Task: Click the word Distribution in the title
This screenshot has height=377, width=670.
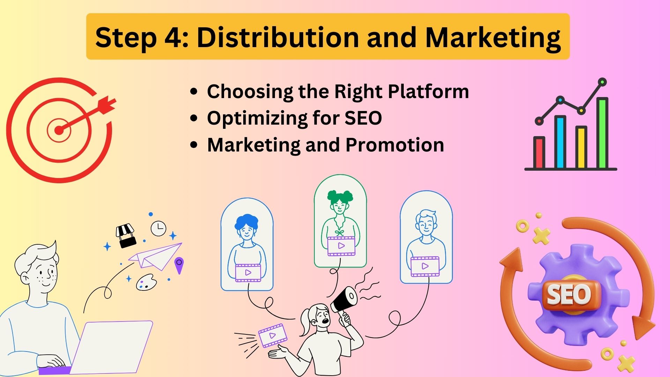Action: [278, 37]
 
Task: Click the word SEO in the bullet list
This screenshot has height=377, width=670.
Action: [363, 118]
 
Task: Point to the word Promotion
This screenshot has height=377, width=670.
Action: [395, 145]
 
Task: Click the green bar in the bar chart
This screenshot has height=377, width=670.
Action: [602, 133]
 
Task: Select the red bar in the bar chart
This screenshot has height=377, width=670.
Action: [539, 153]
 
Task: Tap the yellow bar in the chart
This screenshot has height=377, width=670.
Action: [581, 147]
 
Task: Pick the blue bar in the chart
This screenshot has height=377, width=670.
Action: [560, 142]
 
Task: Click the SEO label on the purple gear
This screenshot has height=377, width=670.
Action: [569, 294]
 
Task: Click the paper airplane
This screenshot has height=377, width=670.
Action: [155, 257]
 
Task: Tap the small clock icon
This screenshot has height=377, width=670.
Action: [158, 228]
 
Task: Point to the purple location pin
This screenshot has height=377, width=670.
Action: [179, 265]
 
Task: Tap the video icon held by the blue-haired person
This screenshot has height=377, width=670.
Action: [248, 273]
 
